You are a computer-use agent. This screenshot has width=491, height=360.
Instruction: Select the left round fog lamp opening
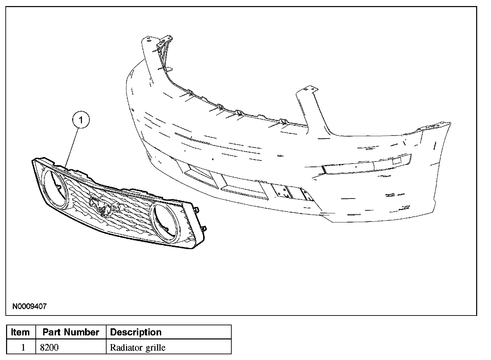(x=55, y=188)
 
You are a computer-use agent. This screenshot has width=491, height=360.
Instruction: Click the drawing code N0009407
(x=29, y=306)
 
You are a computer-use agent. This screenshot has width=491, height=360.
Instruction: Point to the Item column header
(x=20, y=332)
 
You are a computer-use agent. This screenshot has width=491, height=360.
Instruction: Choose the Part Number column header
(x=71, y=332)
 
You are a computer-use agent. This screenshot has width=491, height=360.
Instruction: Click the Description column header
(x=136, y=332)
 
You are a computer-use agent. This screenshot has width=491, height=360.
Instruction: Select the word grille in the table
(x=156, y=348)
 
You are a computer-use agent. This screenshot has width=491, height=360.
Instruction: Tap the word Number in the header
(x=84, y=332)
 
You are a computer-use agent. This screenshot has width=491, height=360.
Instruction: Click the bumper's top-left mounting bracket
(x=165, y=40)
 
